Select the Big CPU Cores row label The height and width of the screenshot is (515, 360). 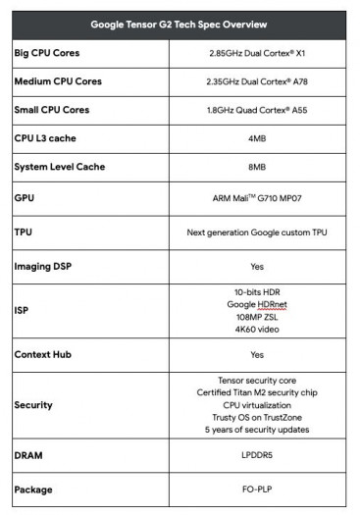(47, 53)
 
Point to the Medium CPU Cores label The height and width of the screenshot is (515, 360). (57, 81)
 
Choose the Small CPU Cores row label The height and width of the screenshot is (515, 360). (51, 110)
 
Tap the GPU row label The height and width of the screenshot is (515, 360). (25, 197)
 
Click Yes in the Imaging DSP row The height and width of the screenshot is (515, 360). (257, 266)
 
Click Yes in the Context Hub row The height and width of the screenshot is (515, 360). (257, 354)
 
